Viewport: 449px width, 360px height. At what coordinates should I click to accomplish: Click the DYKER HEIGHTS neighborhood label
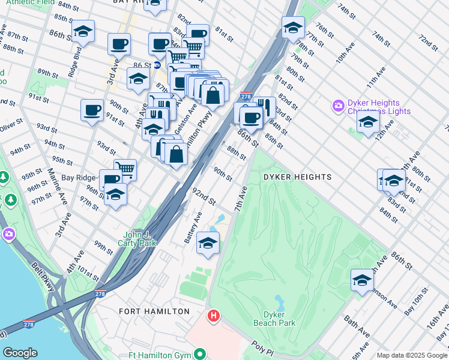tap(297, 177)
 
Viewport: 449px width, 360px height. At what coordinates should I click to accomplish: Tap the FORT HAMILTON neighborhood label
tap(154, 311)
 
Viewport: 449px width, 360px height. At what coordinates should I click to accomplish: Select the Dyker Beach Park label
tap(279, 319)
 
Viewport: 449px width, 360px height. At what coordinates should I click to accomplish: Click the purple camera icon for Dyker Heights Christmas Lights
tap(339, 106)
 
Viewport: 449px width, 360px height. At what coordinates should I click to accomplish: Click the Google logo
tap(20, 353)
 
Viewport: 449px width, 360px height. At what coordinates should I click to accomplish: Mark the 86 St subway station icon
tap(157, 65)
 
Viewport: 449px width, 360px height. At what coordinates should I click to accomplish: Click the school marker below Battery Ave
tap(208, 243)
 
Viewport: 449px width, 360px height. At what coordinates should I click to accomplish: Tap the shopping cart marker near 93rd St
tap(125, 169)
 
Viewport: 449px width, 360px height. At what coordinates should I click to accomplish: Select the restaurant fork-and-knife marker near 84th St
tap(264, 107)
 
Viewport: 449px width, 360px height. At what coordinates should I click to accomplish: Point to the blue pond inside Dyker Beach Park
tap(279, 299)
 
